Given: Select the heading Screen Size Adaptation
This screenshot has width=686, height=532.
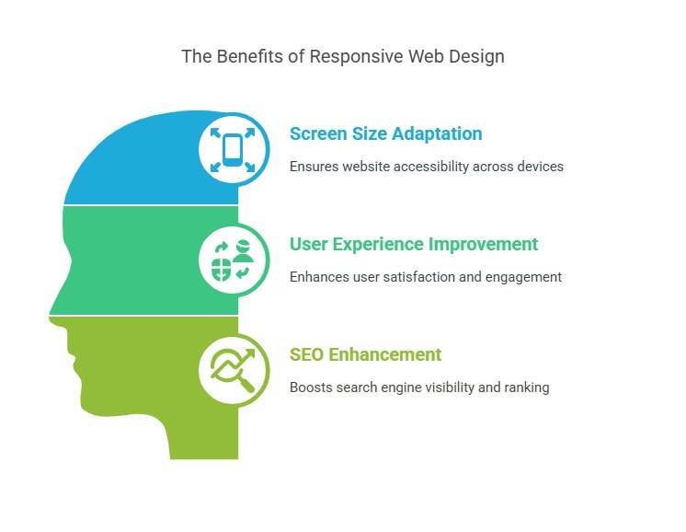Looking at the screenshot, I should click(385, 133).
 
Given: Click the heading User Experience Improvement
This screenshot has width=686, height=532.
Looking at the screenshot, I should click(413, 244).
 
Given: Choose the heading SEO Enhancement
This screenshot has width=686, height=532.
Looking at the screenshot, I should click(365, 354).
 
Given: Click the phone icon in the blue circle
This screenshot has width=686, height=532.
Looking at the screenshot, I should click(233, 148).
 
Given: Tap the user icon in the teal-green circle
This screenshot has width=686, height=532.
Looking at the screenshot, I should click(243, 249).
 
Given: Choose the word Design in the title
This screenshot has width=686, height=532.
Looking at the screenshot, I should click(479, 56).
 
